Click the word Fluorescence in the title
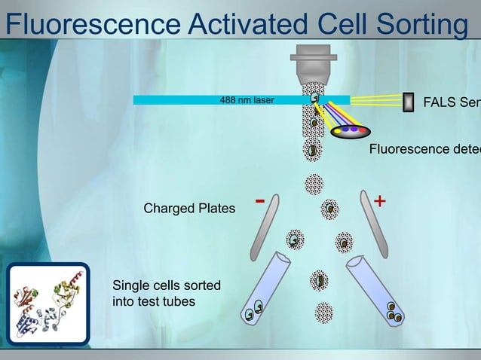(x=90, y=24)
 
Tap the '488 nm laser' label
(x=247, y=99)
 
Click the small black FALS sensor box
(x=409, y=102)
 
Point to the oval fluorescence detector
(x=351, y=131)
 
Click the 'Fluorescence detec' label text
(x=424, y=149)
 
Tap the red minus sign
(x=260, y=201)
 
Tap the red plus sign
(x=380, y=201)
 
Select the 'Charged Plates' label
(x=189, y=209)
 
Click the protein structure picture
(x=47, y=304)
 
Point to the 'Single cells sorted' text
(x=166, y=285)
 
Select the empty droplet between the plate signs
(x=314, y=184)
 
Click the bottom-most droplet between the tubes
(x=323, y=313)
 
